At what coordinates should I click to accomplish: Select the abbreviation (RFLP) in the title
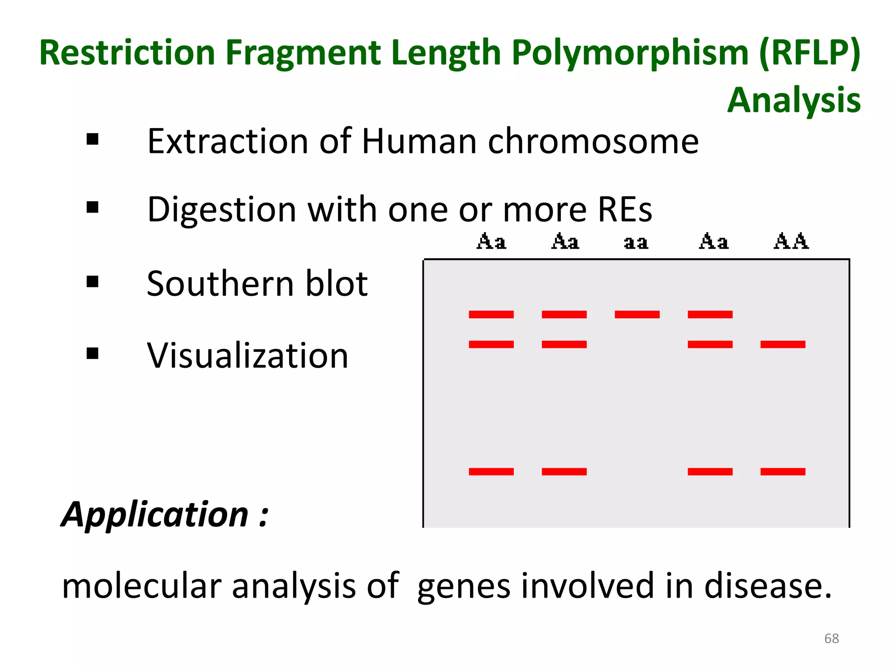point(810,53)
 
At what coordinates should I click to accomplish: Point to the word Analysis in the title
point(794,100)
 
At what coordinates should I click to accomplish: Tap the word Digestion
point(222,210)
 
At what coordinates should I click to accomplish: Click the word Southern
point(220,284)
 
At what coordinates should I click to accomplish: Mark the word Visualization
point(248,355)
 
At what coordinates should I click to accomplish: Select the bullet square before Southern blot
point(92,282)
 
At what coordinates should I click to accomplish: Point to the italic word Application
point(155,515)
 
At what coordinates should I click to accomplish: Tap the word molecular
point(142,586)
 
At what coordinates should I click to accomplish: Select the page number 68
point(831,639)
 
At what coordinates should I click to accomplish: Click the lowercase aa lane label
point(636,242)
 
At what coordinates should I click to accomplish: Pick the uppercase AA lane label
point(791,241)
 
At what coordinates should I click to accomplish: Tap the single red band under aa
point(637,314)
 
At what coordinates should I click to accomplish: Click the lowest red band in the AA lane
point(783,471)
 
